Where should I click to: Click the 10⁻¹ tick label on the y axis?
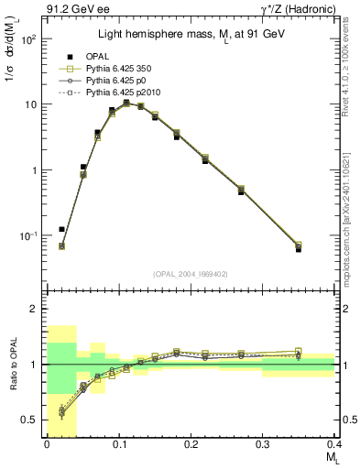click(27, 236)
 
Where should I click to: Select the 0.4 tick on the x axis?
click(334, 443)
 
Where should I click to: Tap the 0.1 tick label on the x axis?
click(118, 443)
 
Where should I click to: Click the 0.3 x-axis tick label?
click(262, 443)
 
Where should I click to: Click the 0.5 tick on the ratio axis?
click(29, 420)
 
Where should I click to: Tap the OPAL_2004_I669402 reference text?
click(190, 274)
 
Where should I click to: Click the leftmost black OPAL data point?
click(61, 229)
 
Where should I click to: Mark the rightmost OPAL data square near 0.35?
click(298, 248)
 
